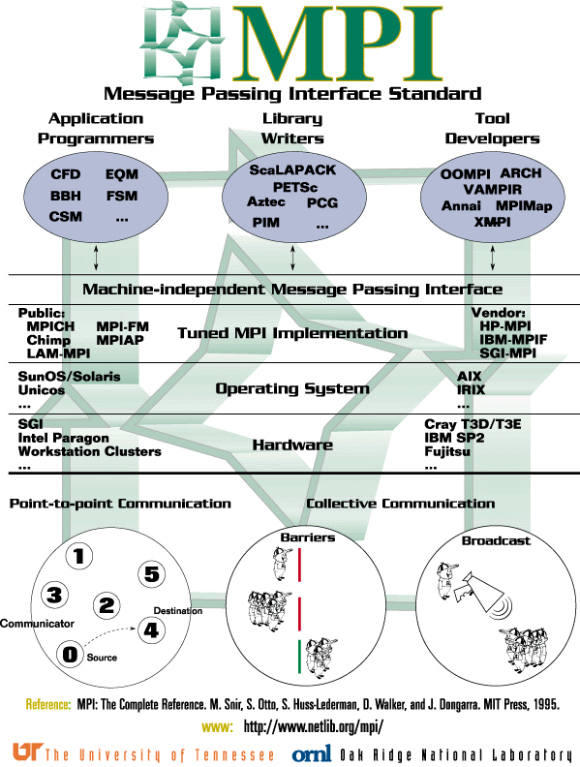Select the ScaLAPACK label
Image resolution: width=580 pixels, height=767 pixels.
point(292,169)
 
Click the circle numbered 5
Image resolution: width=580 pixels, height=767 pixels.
point(150,573)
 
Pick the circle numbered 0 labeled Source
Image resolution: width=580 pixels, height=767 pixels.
point(69,655)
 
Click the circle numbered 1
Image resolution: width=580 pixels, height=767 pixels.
point(79,556)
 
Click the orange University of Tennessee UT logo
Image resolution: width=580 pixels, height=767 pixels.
point(26,752)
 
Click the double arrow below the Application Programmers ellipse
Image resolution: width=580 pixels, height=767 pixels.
point(93,257)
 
